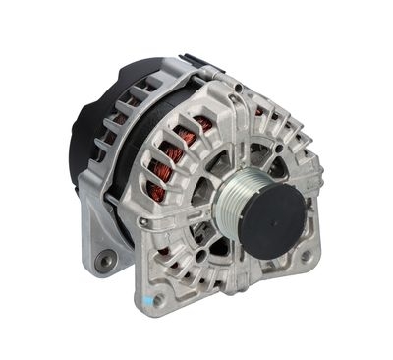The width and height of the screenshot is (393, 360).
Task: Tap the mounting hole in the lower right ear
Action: pos(306,257)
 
